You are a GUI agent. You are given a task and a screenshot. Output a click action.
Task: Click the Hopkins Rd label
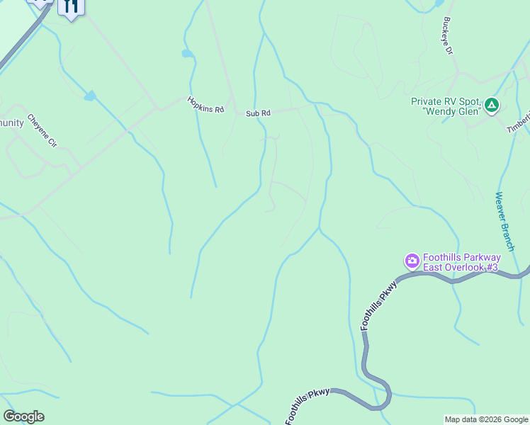(x=205, y=105)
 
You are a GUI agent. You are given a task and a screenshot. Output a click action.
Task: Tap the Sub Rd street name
(x=259, y=113)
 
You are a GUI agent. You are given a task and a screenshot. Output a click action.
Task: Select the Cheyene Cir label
(x=42, y=130)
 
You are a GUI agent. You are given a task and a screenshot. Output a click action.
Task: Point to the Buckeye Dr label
(x=447, y=36)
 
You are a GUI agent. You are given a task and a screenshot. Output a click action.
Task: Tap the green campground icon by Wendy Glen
(x=492, y=106)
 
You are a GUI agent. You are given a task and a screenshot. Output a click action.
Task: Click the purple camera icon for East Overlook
(x=412, y=261)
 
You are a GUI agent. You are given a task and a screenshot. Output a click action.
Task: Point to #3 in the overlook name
(x=492, y=267)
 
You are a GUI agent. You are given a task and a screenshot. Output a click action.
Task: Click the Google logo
(x=23, y=416)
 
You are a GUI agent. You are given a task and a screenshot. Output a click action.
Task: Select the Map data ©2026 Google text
(x=485, y=419)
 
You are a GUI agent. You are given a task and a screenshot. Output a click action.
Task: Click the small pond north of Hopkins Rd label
(x=187, y=53)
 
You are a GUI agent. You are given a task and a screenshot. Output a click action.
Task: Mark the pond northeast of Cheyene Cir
(x=90, y=96)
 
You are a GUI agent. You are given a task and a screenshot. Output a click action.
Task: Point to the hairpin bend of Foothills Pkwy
(x=385, y=397)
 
